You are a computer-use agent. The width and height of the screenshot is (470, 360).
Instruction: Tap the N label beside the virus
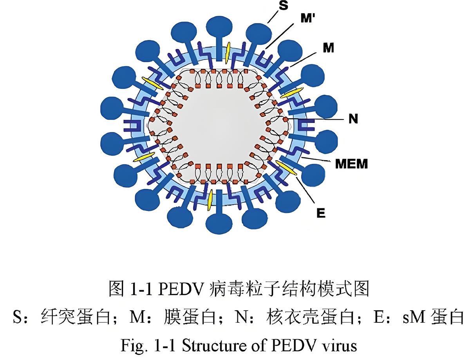[x=353, y=119]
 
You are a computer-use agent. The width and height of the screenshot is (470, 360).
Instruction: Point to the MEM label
[x=352, y=163]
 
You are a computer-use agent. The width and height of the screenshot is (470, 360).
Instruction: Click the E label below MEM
[x=321, y=213]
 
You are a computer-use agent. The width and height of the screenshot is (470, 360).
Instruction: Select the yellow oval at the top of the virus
[x=228, y=51]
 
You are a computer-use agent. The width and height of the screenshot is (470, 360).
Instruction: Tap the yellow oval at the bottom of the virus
[x=210, y=200]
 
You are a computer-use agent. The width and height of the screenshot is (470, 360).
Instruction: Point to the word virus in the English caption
[x=342, y=346]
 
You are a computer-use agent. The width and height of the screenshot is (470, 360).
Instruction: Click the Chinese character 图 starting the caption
[x=115, y=289]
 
